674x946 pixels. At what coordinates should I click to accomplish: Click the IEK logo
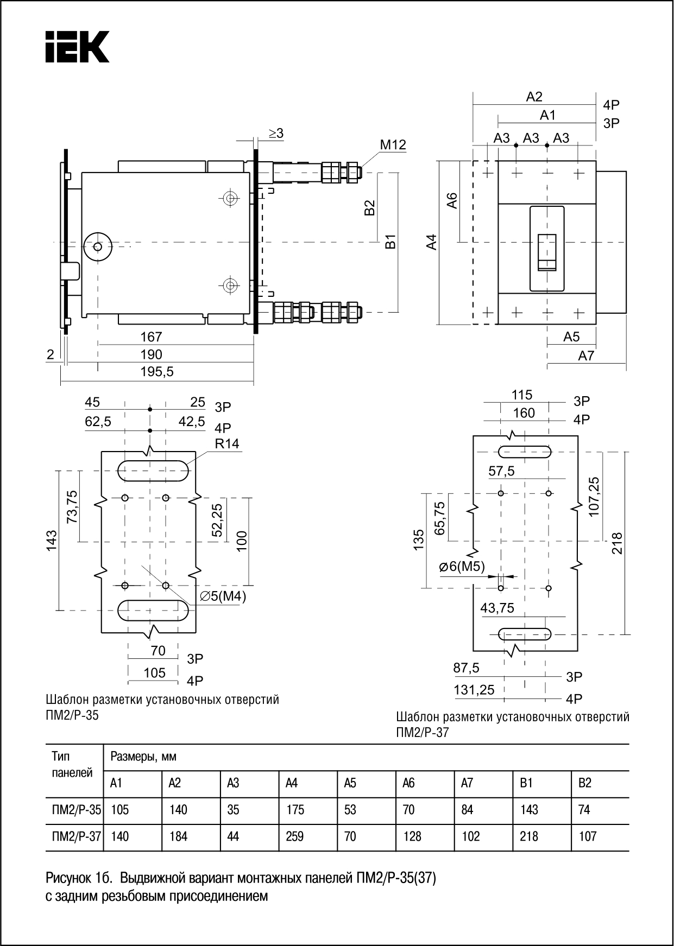tap(77, 47)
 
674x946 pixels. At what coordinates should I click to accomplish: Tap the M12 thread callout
tap(393, 145)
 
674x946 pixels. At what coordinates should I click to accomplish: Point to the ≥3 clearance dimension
tap(275, 133)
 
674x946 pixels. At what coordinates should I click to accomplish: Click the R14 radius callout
tap(226, 443)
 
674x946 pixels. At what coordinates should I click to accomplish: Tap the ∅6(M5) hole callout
tap(461, 567)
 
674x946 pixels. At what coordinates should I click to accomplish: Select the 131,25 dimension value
tap(474, 690)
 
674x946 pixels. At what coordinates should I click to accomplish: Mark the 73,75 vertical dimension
tap(72, 506)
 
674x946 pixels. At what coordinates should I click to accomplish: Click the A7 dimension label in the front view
tap(586, 355)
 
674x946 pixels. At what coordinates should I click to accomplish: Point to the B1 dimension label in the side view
tap(390, 242)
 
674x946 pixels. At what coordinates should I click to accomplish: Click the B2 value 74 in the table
tap(584, 810)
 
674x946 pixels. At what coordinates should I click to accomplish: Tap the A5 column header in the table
tap(350, 783)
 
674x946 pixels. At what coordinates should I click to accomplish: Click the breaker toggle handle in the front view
tap(547, 252)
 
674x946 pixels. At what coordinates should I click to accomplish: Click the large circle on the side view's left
tap(98, 247)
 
